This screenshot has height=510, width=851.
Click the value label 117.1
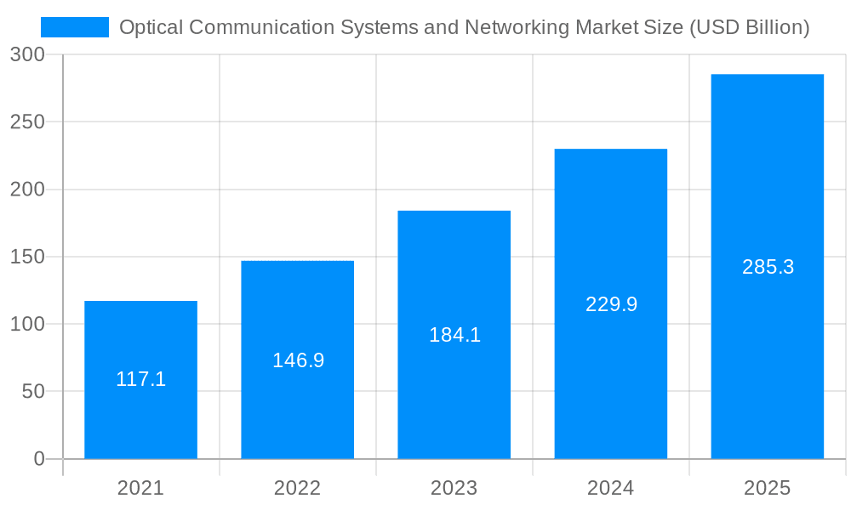[x=140, y=379]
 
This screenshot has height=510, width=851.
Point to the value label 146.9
[x=298, y=360]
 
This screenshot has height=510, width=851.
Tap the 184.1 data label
[x=454, y=335]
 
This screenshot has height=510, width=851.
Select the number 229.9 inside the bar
[x=611, y=304]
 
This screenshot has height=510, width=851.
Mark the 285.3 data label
[x=768, y=267]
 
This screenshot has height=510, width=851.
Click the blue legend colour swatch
[x=75, y=27]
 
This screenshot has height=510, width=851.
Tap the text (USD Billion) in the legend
[x=749, y=27]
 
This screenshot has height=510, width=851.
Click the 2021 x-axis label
[x=140, y=488]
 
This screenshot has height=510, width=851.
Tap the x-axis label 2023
[x=454, y=488]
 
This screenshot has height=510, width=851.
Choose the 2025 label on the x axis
[x=767, y=488]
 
